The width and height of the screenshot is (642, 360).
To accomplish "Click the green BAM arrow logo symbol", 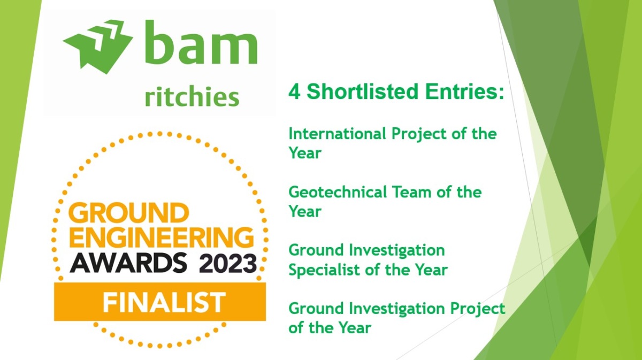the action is [x=97, y=46].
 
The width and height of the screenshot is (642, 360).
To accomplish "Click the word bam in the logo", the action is [x=201, y=42].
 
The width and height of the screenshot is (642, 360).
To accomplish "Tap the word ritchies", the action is [x=192, y=97].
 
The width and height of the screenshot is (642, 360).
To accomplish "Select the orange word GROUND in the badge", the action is [x=129, y=213].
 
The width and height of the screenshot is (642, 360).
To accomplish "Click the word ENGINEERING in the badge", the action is [x=162, y=238].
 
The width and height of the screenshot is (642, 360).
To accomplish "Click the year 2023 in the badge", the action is [x=228, y=263].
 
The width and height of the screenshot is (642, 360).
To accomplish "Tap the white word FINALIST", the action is [x=164, y=302].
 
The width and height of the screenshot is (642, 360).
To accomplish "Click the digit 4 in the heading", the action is [x=294, y=91].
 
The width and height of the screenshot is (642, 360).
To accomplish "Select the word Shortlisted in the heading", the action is [x=363, y=91].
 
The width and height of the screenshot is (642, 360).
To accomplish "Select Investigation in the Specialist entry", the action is [x=397, y=251].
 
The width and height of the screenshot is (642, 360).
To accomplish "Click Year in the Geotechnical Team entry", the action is [x=305, y=211].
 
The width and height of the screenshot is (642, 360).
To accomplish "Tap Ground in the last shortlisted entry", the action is [x=316, y=309].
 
